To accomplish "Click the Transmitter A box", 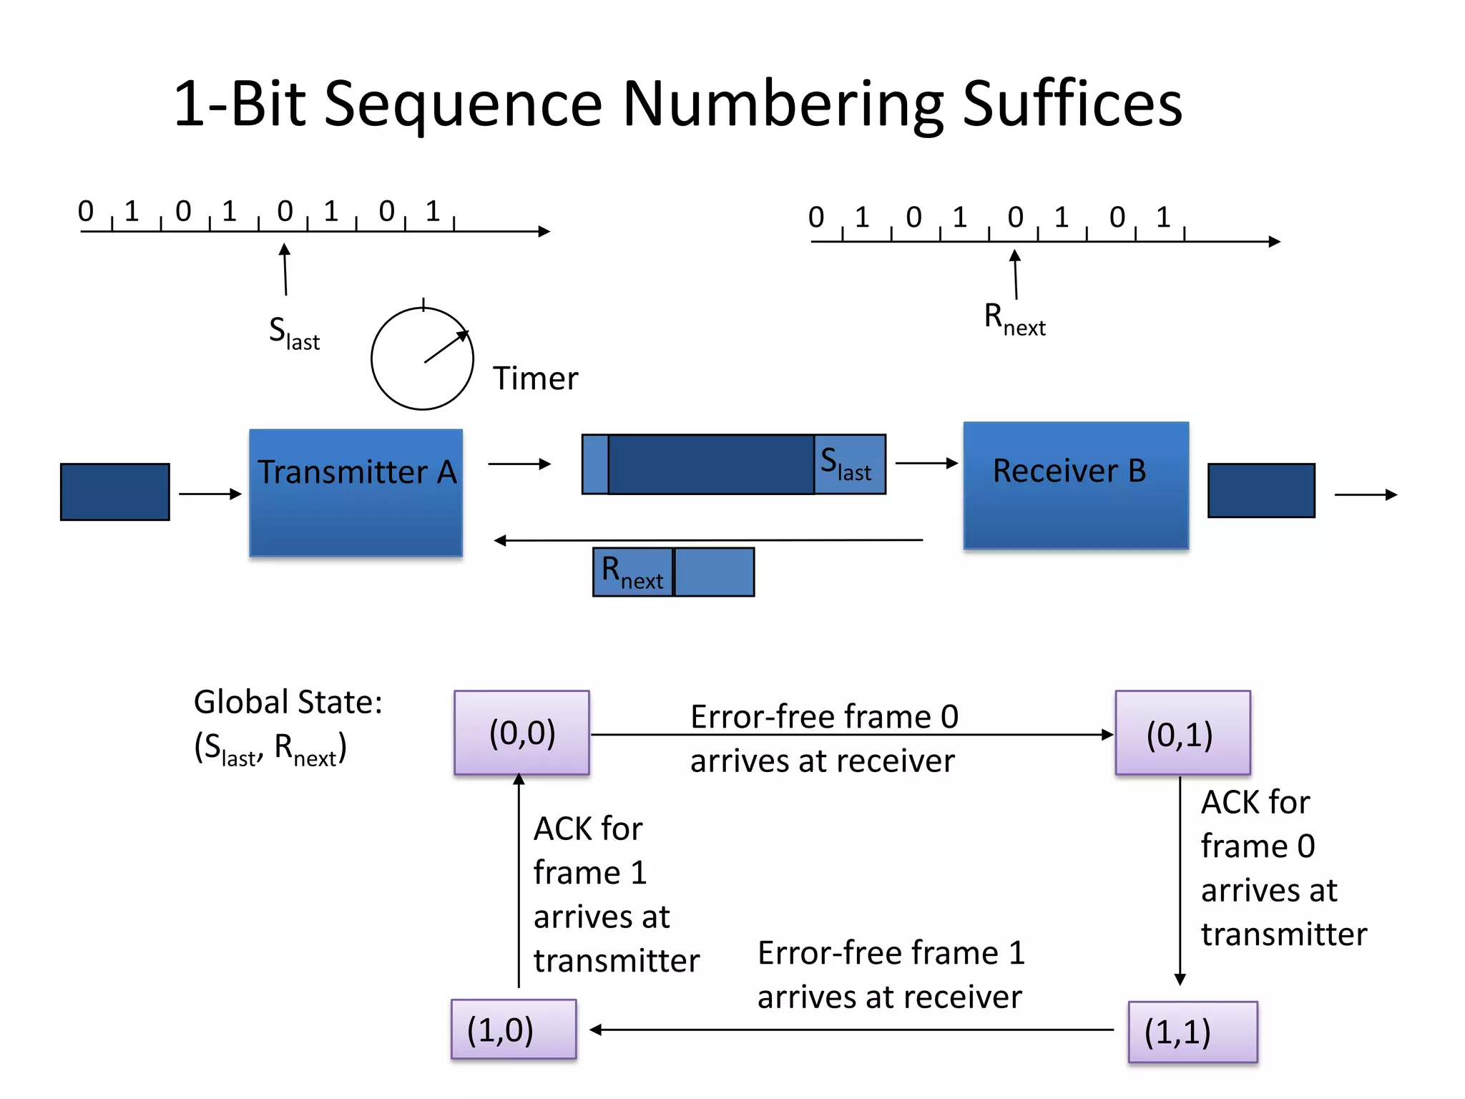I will click(356, 493).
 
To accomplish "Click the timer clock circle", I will click(422, 358).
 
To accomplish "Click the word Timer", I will click(535, 378).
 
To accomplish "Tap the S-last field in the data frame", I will click(849, 464).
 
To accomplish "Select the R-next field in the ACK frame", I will click(632, 572).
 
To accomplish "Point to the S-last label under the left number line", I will click(294, 333).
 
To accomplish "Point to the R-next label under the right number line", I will click(1014, 319).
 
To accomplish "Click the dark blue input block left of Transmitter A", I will click(115, 492).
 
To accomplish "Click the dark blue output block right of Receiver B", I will click(1260, 490).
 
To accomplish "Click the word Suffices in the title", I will click(1072, 104).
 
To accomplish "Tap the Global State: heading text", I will click(288, 702).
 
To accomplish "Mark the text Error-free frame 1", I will click(891, 953).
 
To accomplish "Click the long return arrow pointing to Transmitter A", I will click(708, 540).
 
